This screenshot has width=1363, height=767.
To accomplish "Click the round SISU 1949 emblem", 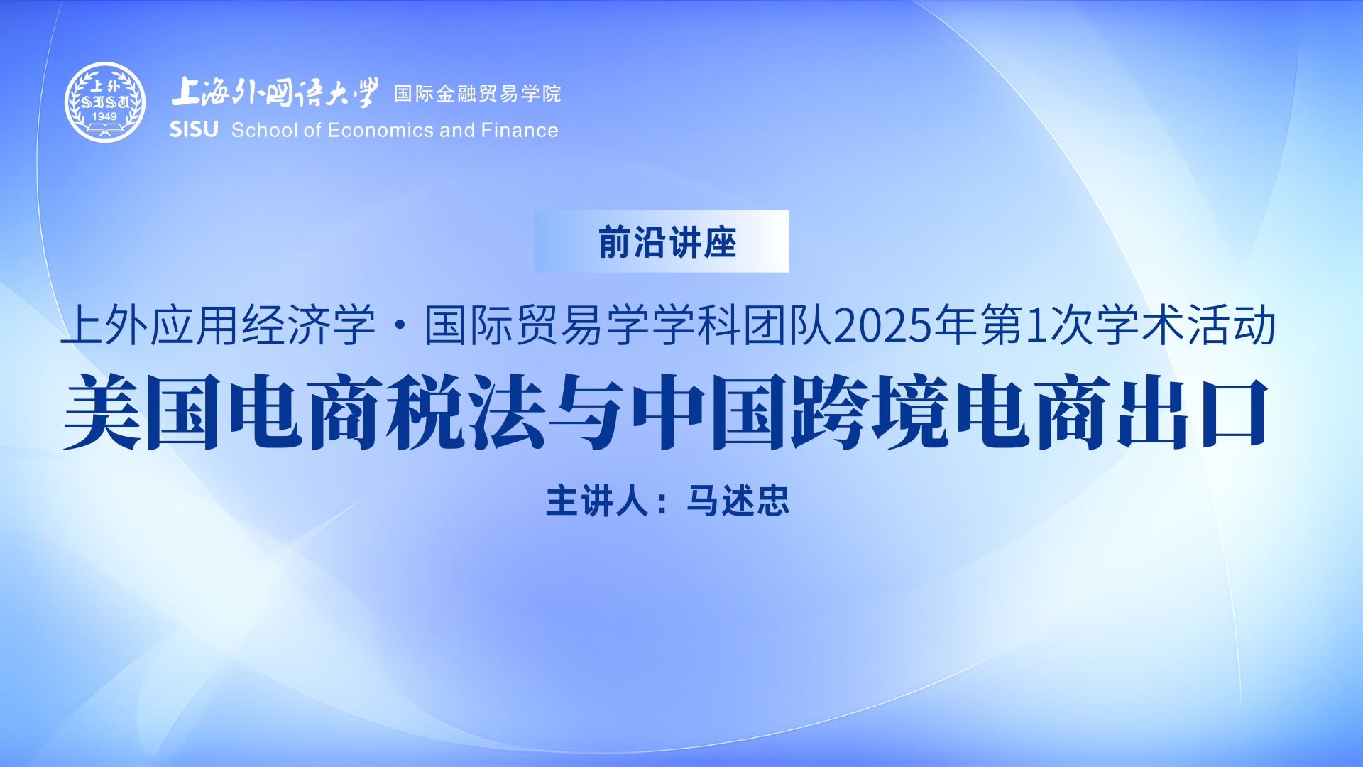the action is coord(105,102).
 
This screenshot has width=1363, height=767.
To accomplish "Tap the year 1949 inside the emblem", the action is coord(104,116).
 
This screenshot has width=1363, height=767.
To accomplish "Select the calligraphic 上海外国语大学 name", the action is coord(275,92).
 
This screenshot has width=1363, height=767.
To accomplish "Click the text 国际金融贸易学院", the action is coord(478,94).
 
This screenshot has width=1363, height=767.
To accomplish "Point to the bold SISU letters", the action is coord(194,129).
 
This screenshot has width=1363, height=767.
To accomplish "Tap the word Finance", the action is coord(520,130).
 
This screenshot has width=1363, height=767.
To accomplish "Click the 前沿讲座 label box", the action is coord(661,241).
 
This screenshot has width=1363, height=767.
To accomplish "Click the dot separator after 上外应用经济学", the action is coord(400,326).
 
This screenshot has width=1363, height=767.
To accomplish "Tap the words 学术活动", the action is coord(1187,326).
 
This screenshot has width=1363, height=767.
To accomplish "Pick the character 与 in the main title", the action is coord(586,412).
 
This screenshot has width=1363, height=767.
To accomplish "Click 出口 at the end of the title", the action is coord(1193,412).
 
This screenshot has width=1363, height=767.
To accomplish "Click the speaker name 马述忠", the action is coord(738,501).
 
